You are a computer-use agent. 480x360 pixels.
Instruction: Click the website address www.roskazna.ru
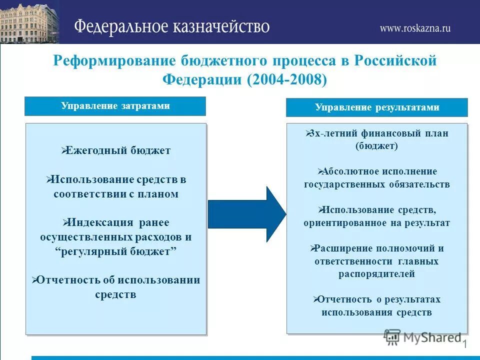tap(414, 28)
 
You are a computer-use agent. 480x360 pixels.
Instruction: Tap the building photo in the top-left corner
tap(29, 22)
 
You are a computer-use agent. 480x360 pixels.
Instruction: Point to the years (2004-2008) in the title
tap(286, 79)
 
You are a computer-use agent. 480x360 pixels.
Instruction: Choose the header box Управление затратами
tap(115, 106)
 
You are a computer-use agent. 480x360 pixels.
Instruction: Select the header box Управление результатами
tap(376, 107)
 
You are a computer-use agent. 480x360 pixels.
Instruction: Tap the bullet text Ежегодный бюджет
tap(119, 150)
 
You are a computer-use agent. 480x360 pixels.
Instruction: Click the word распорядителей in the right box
tap(376, 273)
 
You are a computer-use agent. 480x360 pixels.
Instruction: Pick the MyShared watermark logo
tap(422, 337)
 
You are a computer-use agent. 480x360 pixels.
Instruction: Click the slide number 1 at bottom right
tap(464, 344)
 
